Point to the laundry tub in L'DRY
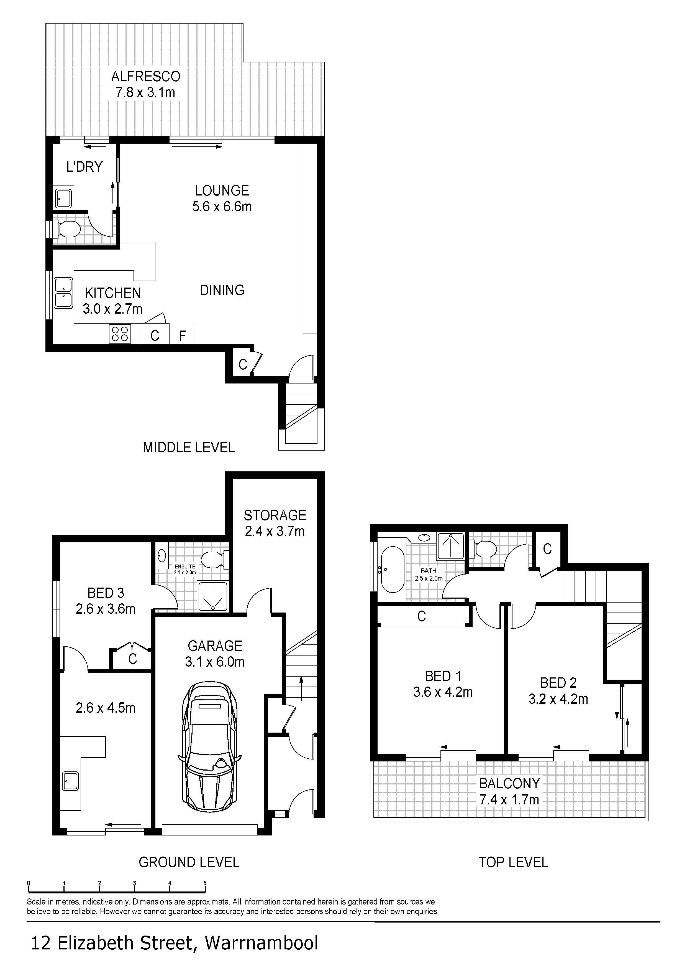pyautogui.click(x=63, y=197)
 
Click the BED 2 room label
pyautogui.click(x=558, y=683)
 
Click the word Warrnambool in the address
pyautogui.click(x=261, y=943)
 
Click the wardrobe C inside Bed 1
pyautogui.click(x=421, y=616)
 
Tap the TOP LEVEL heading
pyautogui.click(x=513, y=862)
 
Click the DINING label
pyautogui.click(x=222, y=290)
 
